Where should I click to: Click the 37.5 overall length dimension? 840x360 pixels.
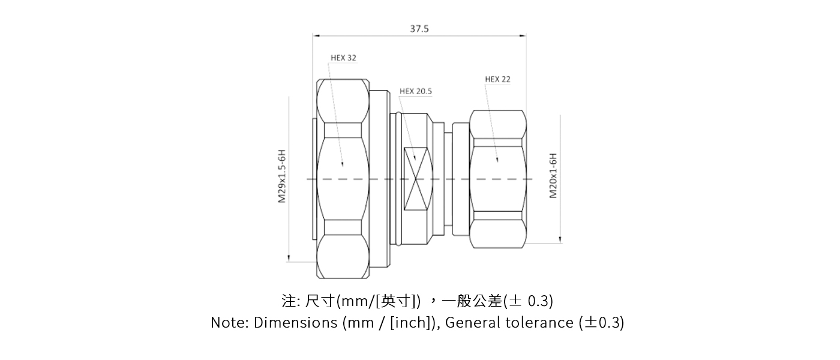419,28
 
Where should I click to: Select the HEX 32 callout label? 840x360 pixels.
343,58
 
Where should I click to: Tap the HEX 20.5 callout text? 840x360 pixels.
416,92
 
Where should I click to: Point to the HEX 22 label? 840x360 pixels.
497,79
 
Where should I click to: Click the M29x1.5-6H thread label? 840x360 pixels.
281,176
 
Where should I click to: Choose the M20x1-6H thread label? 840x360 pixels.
553,176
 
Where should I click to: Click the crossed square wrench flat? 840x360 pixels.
418,179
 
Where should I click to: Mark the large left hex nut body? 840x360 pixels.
342,179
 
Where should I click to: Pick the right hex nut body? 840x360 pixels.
497,179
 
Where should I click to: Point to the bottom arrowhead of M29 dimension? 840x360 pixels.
289,259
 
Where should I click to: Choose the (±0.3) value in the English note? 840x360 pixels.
602,323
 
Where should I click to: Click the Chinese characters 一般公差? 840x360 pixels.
471,300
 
